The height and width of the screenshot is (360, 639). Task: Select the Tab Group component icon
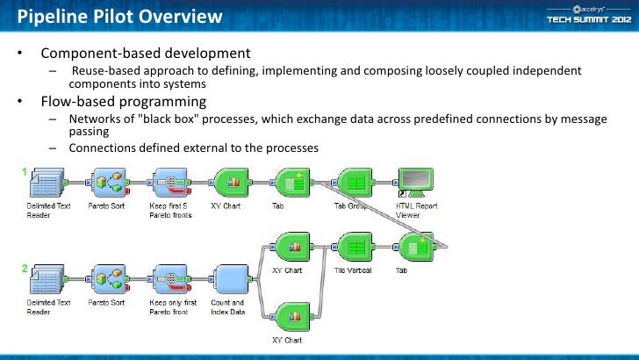click(352, 182)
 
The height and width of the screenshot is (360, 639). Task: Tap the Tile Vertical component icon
click(353, 248)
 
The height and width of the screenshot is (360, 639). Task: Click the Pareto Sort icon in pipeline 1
click(106, 182)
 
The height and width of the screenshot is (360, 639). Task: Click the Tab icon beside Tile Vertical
click(413, 248)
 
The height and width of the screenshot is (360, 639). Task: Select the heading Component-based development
click(146, 53)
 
